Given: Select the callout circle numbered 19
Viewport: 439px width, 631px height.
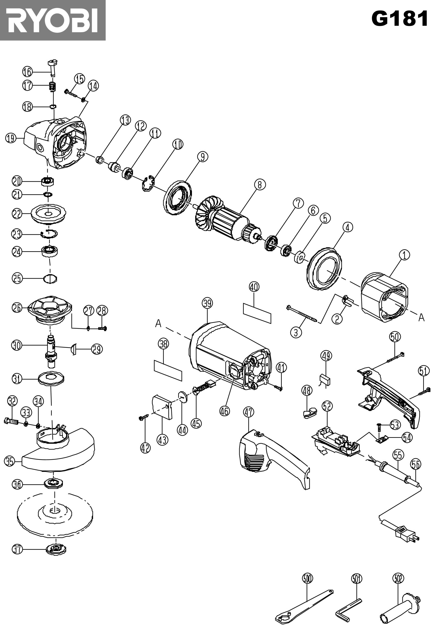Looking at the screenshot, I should pos(10,138).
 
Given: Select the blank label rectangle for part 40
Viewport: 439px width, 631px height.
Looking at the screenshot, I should pos(257,313).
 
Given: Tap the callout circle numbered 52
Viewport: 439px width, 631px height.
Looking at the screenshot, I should pos(327,406).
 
